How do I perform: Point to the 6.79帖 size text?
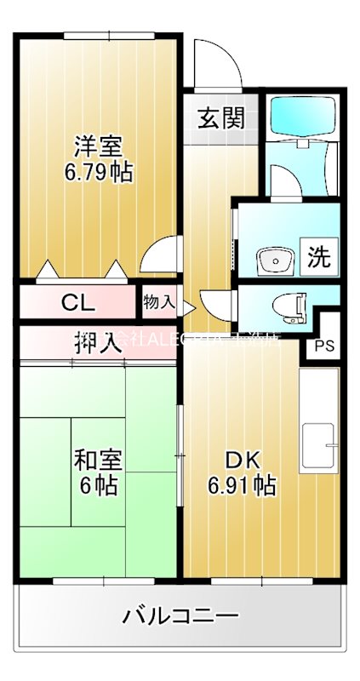coord(99,172)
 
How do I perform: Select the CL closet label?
coord(78,301)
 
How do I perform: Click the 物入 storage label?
coord(159,301)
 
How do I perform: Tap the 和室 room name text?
coord(98,461)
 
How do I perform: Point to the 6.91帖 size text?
coord(242,486)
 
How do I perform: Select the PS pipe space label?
coord(324,346)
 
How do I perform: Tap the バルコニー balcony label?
coord(180,615)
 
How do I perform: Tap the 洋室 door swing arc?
coord(162,256)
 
